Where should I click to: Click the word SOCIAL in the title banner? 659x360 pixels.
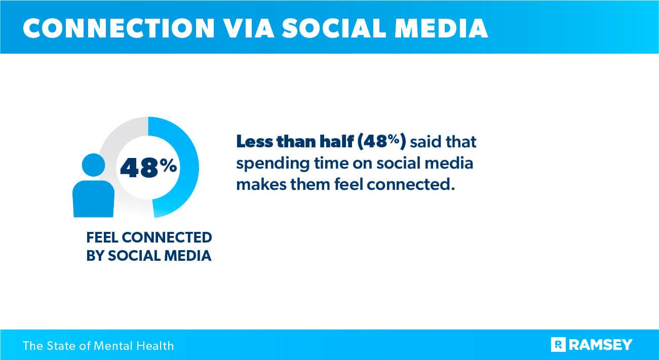pos(329,29)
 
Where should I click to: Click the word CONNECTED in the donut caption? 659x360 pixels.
pos(167,237)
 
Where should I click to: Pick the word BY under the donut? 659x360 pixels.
pos(94,256)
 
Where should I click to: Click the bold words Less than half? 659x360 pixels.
pos(295,142)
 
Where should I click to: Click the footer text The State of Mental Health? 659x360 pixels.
pos(98,346)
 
